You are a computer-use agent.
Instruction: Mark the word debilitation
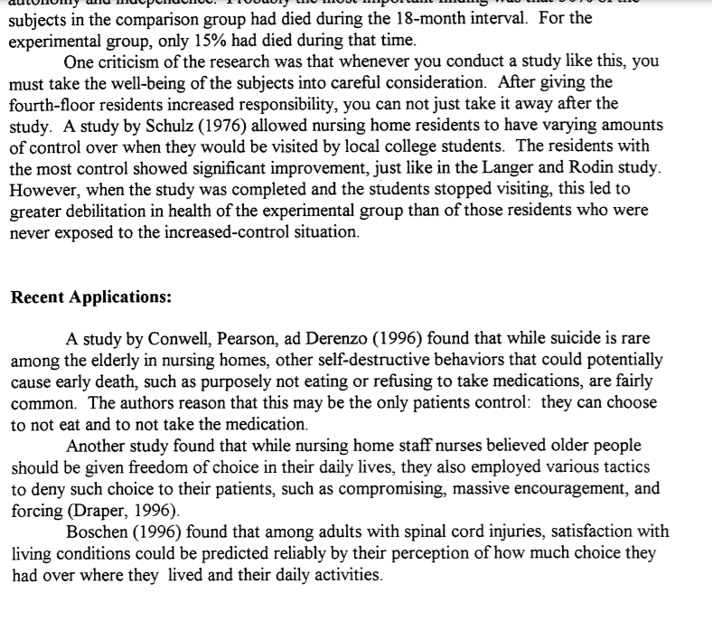106,212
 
